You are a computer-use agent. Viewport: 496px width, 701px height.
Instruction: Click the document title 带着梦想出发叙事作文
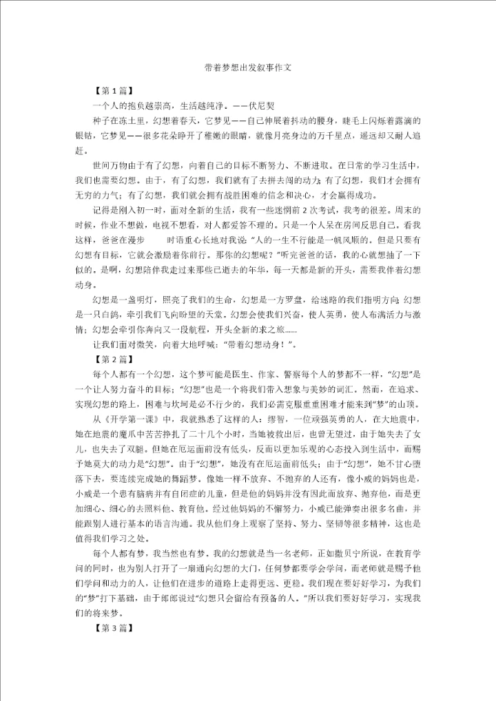coord(248,69)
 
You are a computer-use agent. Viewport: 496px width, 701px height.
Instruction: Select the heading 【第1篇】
coord(114,90)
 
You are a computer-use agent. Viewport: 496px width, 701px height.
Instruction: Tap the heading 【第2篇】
coord(114,359)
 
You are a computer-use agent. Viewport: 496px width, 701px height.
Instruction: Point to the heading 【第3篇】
coord(114,629)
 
